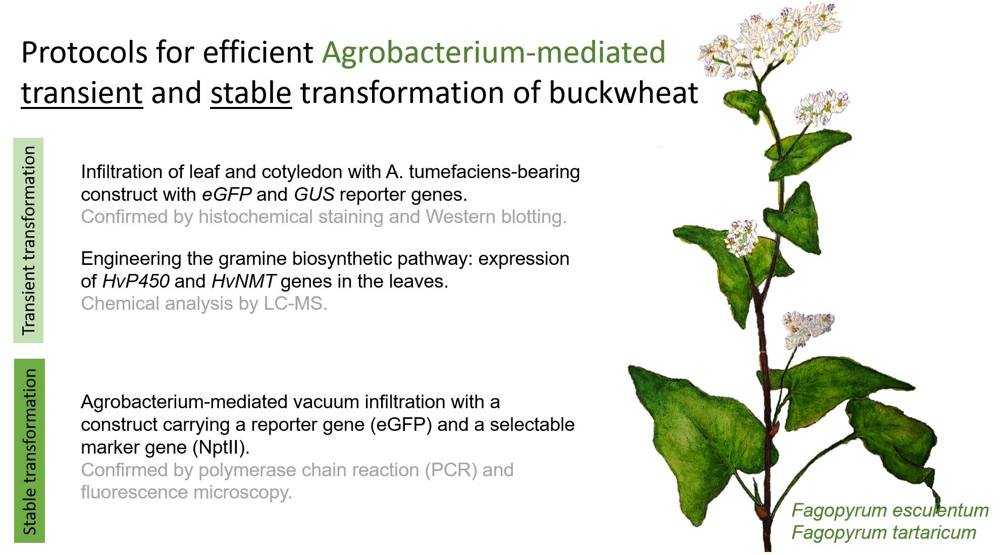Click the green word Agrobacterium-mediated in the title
494,52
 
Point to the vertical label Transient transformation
29,240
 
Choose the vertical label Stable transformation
30,451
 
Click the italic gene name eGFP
227,194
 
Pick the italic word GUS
314,194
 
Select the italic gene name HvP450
136,281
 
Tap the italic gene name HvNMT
243,281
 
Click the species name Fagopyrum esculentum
890,510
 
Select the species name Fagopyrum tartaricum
883,532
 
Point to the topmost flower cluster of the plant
770,40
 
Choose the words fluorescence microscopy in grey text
186,492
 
